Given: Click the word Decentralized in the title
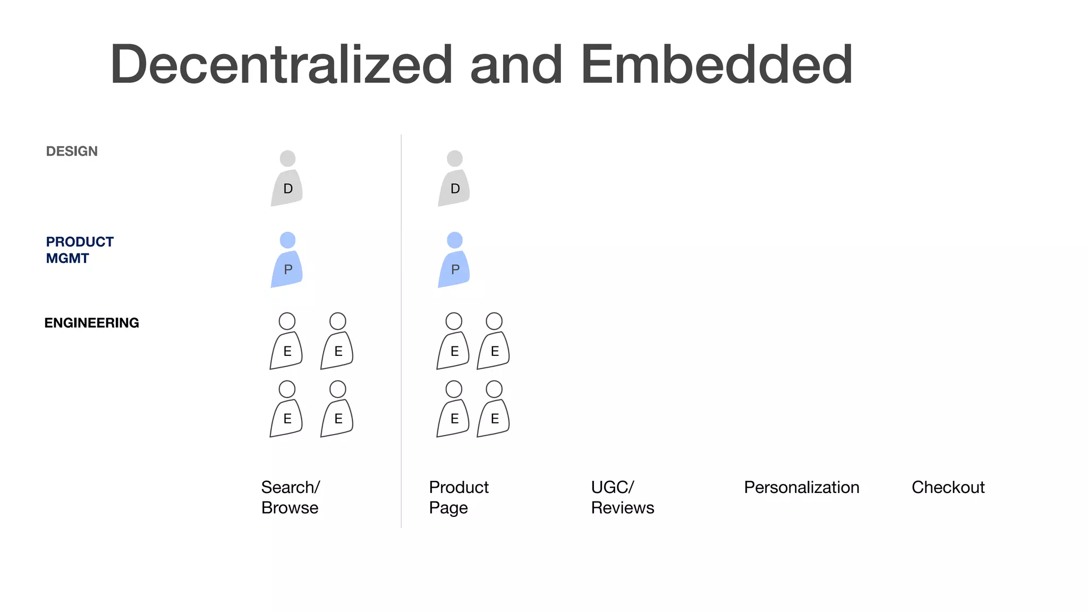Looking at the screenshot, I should click(281, 64).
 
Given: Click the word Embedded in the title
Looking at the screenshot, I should click(717, 64).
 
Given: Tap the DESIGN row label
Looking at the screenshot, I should click(72, 151).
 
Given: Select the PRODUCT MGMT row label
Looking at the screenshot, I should click(80, 250).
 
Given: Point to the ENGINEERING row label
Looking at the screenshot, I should click(91, 323).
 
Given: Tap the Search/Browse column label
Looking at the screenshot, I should click(290, 497).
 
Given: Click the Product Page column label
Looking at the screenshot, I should click(458, 497).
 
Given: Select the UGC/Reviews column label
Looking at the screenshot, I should click(622, 497).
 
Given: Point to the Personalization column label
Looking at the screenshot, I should click(801, 487).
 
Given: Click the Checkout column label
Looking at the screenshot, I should click(948, 487).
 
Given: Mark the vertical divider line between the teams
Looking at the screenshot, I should click(401, 329).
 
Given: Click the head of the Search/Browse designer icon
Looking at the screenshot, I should click(287, 158).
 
